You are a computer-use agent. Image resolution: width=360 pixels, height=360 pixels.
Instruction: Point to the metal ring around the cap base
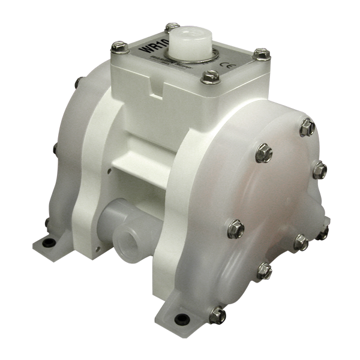(x=192, y=59)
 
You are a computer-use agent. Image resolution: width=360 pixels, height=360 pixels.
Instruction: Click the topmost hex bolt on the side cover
(x=305, y=125)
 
